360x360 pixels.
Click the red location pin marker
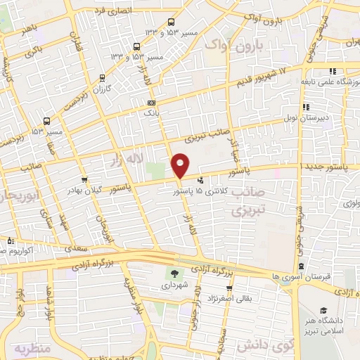181,165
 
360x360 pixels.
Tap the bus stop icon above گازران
103,78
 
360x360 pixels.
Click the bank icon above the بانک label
150,103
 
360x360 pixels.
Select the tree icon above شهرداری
174,274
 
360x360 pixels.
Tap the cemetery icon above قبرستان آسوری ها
301,266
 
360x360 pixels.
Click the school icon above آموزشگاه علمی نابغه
332,71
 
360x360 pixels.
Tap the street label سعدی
72,248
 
